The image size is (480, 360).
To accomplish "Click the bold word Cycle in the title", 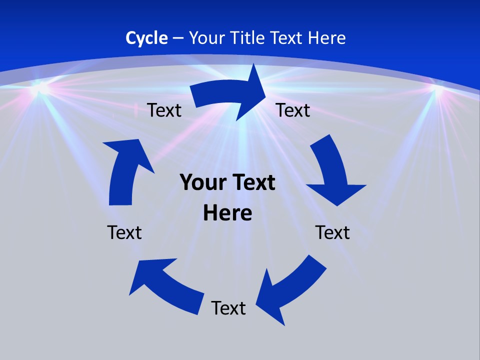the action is point(146,38).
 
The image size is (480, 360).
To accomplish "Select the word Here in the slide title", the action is point(327,38).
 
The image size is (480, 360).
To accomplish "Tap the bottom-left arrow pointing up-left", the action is point(165,285).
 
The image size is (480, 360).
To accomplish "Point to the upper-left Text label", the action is point(164,110).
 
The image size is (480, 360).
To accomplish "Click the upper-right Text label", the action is point(293,110).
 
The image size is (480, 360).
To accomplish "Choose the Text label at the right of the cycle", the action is point(332,232).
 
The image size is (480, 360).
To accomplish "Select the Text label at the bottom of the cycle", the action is point(228,308).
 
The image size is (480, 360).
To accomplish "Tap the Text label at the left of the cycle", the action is point(124,232).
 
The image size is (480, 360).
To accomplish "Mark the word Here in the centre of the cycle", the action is point(227,213).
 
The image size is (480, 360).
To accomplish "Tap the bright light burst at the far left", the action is point(40,87).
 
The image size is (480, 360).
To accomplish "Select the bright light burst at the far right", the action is point(438,90).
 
